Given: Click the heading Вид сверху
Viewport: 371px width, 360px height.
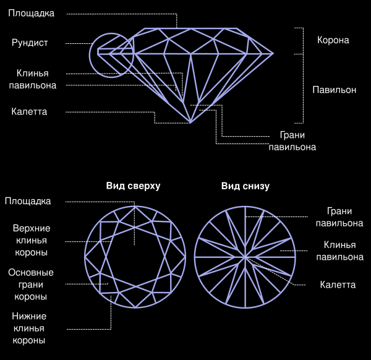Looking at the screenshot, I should point(133,186).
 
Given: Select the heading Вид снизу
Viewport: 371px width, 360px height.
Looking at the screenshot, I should point(245,186).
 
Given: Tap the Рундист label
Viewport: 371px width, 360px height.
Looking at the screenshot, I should point(30,43).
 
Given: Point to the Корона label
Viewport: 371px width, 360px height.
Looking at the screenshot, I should point(333,40).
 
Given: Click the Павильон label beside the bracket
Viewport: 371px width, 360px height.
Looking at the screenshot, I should point(335,90).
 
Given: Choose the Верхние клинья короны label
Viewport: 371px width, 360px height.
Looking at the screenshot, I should point(32,240).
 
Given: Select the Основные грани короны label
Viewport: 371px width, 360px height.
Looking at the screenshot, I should point(30,285).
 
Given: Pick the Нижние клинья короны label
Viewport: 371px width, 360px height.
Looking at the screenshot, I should point(29,328).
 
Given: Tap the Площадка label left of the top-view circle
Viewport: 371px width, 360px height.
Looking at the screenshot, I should point(28,201).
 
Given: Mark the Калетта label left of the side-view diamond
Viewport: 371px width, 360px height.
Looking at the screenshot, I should point(29,111).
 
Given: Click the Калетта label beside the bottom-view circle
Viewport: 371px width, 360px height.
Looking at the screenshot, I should point(338,285).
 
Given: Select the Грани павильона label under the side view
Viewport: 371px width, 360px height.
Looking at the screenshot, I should point(292,141).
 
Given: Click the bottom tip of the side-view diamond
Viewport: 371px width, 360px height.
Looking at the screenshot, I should point(190,122).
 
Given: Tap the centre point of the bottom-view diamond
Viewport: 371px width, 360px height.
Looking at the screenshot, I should point(245,256).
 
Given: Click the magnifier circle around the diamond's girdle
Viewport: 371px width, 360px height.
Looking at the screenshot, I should point(111,54).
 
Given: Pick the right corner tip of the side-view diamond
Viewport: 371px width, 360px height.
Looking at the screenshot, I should point(273,54).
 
